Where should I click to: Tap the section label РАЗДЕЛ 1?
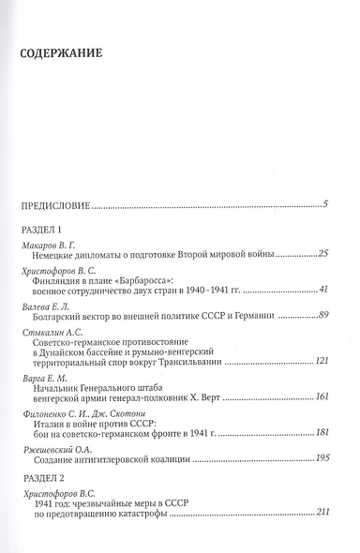pyautogui.click(x=40, y=230)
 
